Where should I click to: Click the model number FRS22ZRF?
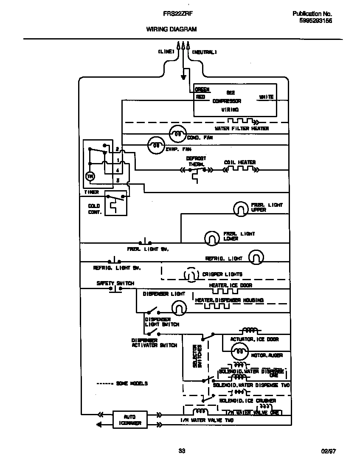(178, 14)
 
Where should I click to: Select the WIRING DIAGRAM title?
(172, 29)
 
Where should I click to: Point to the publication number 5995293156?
(312, 20)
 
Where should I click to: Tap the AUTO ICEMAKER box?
(130, 419)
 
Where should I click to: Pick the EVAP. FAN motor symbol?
(156, 145)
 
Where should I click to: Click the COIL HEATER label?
(240, 163)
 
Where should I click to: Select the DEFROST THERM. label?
(196, 161)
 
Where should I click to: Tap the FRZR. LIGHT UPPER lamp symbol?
(240, 208)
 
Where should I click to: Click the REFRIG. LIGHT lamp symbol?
(256, 257)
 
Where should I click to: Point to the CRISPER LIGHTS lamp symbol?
(191, 275)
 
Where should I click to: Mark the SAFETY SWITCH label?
(115, 283)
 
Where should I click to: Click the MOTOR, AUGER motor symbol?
(239, 351)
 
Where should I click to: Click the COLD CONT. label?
(94, 209)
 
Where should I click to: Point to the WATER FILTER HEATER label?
(242, 128)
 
